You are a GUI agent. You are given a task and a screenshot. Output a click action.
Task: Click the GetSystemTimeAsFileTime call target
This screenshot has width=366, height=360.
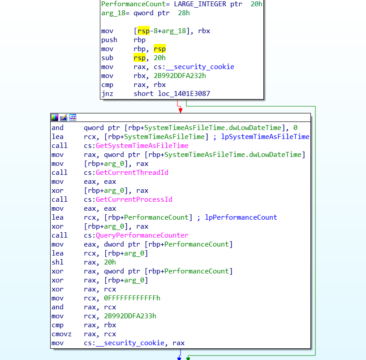pyautogui.click(x=142, y=146)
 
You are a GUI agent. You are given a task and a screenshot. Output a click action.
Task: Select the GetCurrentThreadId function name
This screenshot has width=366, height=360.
pyautogui.click(x=132, y=173)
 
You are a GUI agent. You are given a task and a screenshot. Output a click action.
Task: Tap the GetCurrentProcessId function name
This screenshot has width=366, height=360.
pyautogui.click(x=134, y=199)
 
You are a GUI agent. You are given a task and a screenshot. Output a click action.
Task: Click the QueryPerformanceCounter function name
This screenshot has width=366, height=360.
pyautogui.click(x=142, y=235)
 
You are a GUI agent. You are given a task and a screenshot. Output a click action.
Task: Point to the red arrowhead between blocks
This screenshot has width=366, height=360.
pyautogui.click(x=181, y=110)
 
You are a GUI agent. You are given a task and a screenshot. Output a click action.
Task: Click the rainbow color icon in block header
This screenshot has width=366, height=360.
pyautogui.click(x=55, y=117)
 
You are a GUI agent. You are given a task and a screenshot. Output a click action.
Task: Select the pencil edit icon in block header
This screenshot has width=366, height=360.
pyautogui.click(x=64, y=117)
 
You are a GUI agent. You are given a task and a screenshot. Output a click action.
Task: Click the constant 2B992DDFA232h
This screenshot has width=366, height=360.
pyautogui.click(x=180, y=76)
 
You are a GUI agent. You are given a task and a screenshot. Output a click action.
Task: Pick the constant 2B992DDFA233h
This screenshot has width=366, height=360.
pyautogui.click(x=130, y=316)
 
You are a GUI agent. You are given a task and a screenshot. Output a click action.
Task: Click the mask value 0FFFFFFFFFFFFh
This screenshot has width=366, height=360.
pyautogui.click(x=132, y=298)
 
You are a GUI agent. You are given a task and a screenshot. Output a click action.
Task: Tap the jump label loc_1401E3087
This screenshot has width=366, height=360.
pyautogui.click(x=184, y=94)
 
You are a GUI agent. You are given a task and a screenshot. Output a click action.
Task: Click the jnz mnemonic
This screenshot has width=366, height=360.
pyautogui.click(x=108, y=94)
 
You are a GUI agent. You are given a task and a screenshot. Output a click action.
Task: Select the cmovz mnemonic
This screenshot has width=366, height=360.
pyautogui.click(x=62, y=334)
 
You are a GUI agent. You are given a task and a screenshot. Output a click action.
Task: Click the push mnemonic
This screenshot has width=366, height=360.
pyautogui.click(x=109, y=40)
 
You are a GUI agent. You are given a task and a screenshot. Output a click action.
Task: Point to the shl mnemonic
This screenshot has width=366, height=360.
pyautogui.click(x=58, y=262)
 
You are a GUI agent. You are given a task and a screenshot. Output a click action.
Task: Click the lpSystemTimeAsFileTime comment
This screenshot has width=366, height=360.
pyautogui.click(x=265, y=137)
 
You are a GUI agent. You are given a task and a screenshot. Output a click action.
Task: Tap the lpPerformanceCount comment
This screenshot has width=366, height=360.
pyautogui.click(x=241, y=217)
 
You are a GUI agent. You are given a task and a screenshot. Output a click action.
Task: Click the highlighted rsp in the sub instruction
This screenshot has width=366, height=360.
pyautogui.click(x=140, y=58)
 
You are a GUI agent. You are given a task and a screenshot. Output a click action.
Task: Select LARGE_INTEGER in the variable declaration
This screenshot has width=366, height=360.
pyautogui.click(x=200, y=4)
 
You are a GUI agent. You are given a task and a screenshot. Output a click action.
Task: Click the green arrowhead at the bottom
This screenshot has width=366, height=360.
pyautogui.click(x=188, y=358)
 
